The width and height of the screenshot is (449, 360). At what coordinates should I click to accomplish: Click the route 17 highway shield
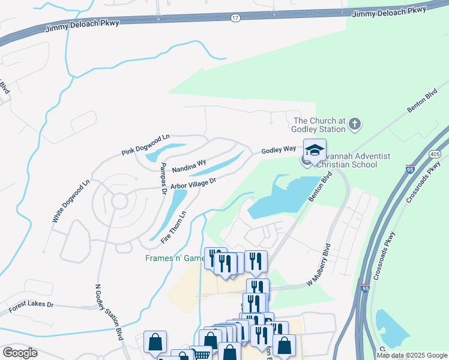click(235, 18)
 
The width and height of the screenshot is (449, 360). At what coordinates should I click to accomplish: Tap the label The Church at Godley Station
click(319, 124)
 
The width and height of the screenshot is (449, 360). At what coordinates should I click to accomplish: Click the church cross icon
click(355, 124)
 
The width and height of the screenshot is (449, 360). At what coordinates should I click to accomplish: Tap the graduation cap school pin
click(314, 151)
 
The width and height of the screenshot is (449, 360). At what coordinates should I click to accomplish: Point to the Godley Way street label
click(279, 149)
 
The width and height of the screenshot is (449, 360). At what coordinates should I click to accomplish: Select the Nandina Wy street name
click(189, 166)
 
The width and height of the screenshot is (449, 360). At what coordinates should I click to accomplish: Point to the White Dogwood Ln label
click(70, 201)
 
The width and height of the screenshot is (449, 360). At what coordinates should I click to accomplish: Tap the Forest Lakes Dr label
click(31, 308)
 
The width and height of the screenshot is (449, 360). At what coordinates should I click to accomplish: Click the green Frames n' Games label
click(175, 259)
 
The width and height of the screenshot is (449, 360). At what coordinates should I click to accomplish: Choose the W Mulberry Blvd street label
click(319, 265)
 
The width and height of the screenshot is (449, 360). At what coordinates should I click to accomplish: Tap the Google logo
click(20, 352)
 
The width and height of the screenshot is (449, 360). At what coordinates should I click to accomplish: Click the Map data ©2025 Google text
click(411, 355)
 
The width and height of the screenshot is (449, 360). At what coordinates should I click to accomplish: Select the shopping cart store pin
click(200, 354)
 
